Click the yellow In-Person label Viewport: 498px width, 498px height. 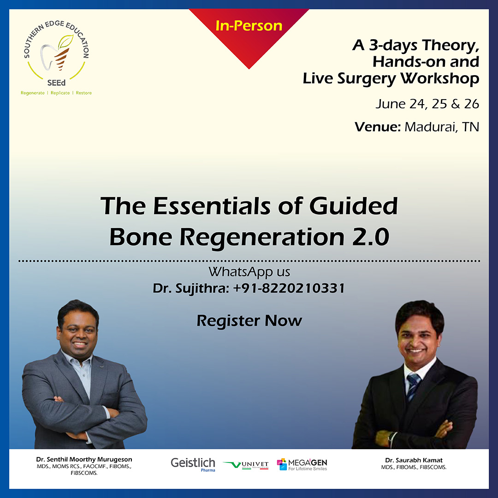point(249,26)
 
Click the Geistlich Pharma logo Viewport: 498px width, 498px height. point(193,464)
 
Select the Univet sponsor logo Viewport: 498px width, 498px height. point(246,465)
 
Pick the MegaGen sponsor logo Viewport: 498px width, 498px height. point(302,464)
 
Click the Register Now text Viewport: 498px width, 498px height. point(249,321)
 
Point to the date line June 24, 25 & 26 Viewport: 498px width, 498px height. point(427,104)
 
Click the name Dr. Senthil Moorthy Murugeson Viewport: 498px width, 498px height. point(84,459)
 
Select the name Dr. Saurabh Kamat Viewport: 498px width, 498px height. point(414,460)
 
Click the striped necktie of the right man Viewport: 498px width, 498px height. point(413,386)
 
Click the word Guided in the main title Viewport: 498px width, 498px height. point(353,206)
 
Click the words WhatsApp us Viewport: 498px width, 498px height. point(249,272)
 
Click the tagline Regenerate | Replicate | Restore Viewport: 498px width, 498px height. point(56,93)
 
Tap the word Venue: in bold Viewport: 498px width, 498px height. point(378,127)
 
